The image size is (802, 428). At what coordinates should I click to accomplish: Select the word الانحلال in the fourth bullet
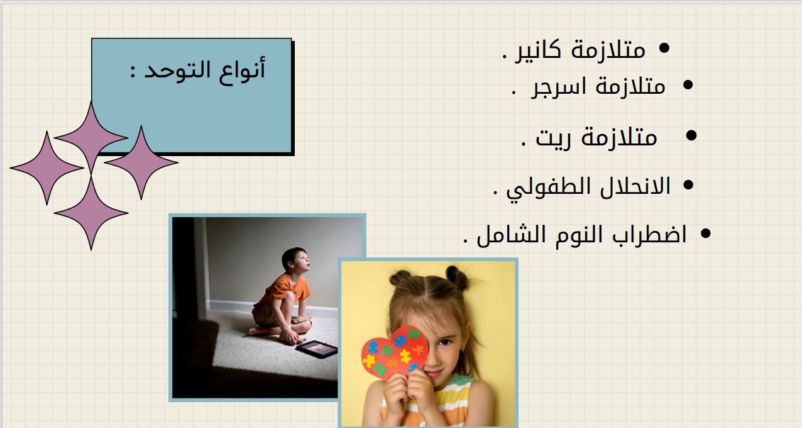tap(635, 186)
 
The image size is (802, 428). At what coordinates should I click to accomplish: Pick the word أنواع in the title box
tap(242, 71)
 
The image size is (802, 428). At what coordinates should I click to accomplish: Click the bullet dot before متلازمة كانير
tap(664, 48)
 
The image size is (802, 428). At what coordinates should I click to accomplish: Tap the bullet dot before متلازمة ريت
tap(691, 135)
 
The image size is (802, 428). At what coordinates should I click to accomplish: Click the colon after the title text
tap(133, 71)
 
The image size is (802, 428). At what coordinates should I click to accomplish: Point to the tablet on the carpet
tap(317, 349)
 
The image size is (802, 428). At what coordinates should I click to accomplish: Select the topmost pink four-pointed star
tap(91, 137)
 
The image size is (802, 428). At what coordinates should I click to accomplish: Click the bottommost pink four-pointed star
tap(91, 213)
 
